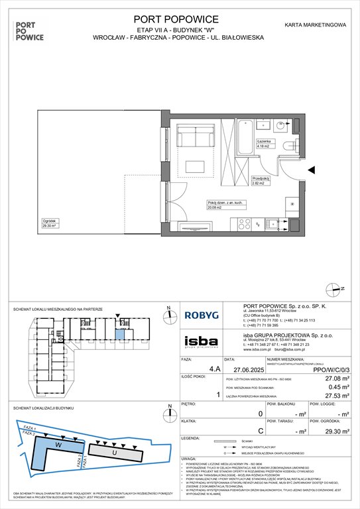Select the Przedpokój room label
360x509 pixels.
tap(261, 180)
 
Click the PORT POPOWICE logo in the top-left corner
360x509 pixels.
tap(30, 30)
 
